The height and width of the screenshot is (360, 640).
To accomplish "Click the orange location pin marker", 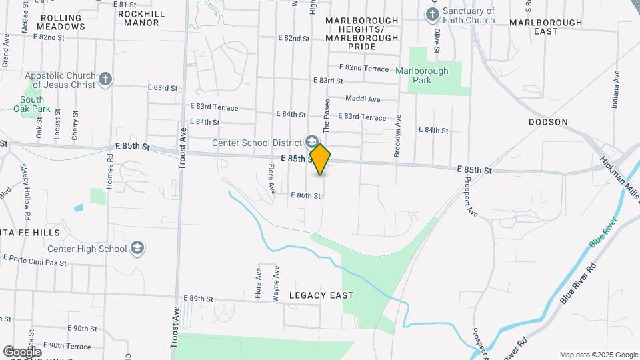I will point(321,159).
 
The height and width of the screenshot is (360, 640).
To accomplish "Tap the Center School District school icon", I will point(311,141).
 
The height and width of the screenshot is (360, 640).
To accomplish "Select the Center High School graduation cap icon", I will point(137,249).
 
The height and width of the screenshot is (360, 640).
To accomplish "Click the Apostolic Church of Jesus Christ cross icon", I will point(105,80).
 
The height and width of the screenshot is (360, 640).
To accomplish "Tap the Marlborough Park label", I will point(422,75).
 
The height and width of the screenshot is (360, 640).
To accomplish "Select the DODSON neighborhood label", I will point(548,122).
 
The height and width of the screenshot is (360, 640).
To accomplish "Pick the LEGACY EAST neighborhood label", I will point(321,295).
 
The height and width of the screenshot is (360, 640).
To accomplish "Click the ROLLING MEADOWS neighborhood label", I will point(63,22).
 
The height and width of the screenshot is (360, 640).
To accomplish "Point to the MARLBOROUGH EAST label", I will point(545,27).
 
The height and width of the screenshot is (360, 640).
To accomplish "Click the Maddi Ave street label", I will point(363,99).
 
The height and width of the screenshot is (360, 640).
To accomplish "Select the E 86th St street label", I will point(306,196).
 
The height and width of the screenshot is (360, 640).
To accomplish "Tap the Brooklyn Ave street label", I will point(398,136).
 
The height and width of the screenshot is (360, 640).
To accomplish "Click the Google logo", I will point(22,351).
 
